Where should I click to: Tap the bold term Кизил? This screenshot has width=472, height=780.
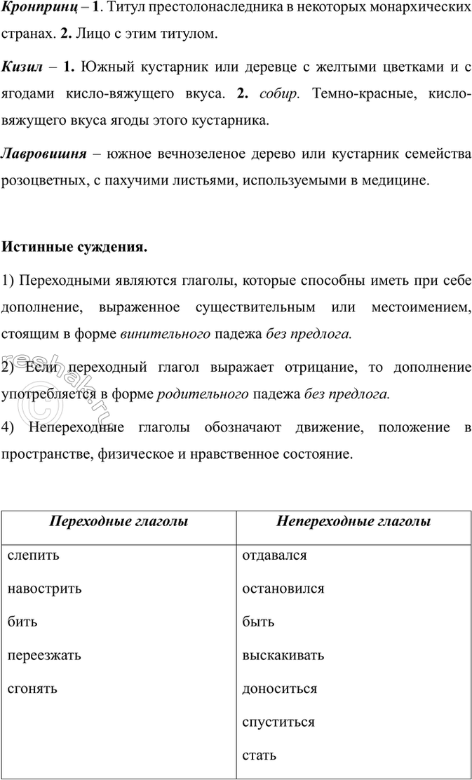22,67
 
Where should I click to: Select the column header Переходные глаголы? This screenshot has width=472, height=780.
119,522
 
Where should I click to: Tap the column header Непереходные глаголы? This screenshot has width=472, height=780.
353,522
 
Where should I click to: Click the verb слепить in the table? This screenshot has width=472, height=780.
34,556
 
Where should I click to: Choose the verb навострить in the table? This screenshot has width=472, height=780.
44,589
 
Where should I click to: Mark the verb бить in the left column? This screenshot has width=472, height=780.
22,622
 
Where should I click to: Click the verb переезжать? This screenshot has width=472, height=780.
44,656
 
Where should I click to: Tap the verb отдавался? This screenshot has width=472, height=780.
274,556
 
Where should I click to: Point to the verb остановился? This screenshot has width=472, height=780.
283,589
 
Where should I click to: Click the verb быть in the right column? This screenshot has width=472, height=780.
257,622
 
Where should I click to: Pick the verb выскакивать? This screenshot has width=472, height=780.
283,656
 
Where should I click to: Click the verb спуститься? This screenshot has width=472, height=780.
278,722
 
